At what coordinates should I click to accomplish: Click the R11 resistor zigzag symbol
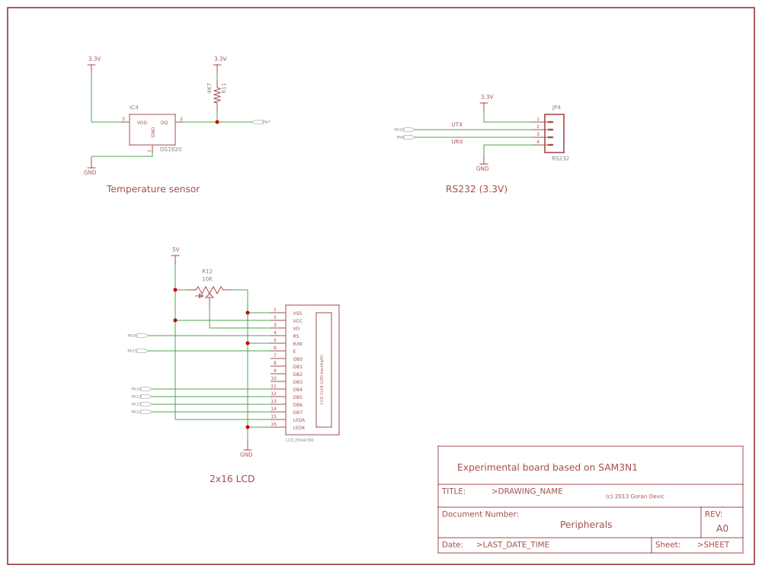(x=217, y=95)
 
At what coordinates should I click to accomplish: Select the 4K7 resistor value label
(x=210, y=88)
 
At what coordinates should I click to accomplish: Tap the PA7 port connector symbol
(x=258, y=122)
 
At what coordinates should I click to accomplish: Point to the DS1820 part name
(x=171, y=149)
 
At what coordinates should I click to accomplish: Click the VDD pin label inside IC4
(x=142, y=123)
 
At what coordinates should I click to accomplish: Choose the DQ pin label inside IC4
(x=164, y=123)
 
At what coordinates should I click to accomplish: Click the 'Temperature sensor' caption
(x=153, y=189)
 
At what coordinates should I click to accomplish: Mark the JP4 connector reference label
(x=556, y=108)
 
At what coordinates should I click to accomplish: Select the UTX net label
(x=457, y=124)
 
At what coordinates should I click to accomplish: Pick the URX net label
(x=457, y=142)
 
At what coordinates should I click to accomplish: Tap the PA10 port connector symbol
(x=409, y=130)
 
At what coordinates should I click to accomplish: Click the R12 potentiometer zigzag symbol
(x=209, y=290)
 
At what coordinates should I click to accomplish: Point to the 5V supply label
(x=175, y=249)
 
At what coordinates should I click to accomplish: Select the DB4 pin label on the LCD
(x=297, y=390)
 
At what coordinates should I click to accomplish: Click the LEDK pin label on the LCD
(x=299, y=428)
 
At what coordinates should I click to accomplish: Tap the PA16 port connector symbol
(x=142, y=336)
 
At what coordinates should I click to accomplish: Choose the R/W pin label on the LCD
(x=297, y=344)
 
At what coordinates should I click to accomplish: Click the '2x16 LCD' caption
(x=232, y=479)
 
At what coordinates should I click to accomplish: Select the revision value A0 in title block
(x=722, y=529)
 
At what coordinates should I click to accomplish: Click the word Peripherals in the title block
(x=586, y=525)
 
